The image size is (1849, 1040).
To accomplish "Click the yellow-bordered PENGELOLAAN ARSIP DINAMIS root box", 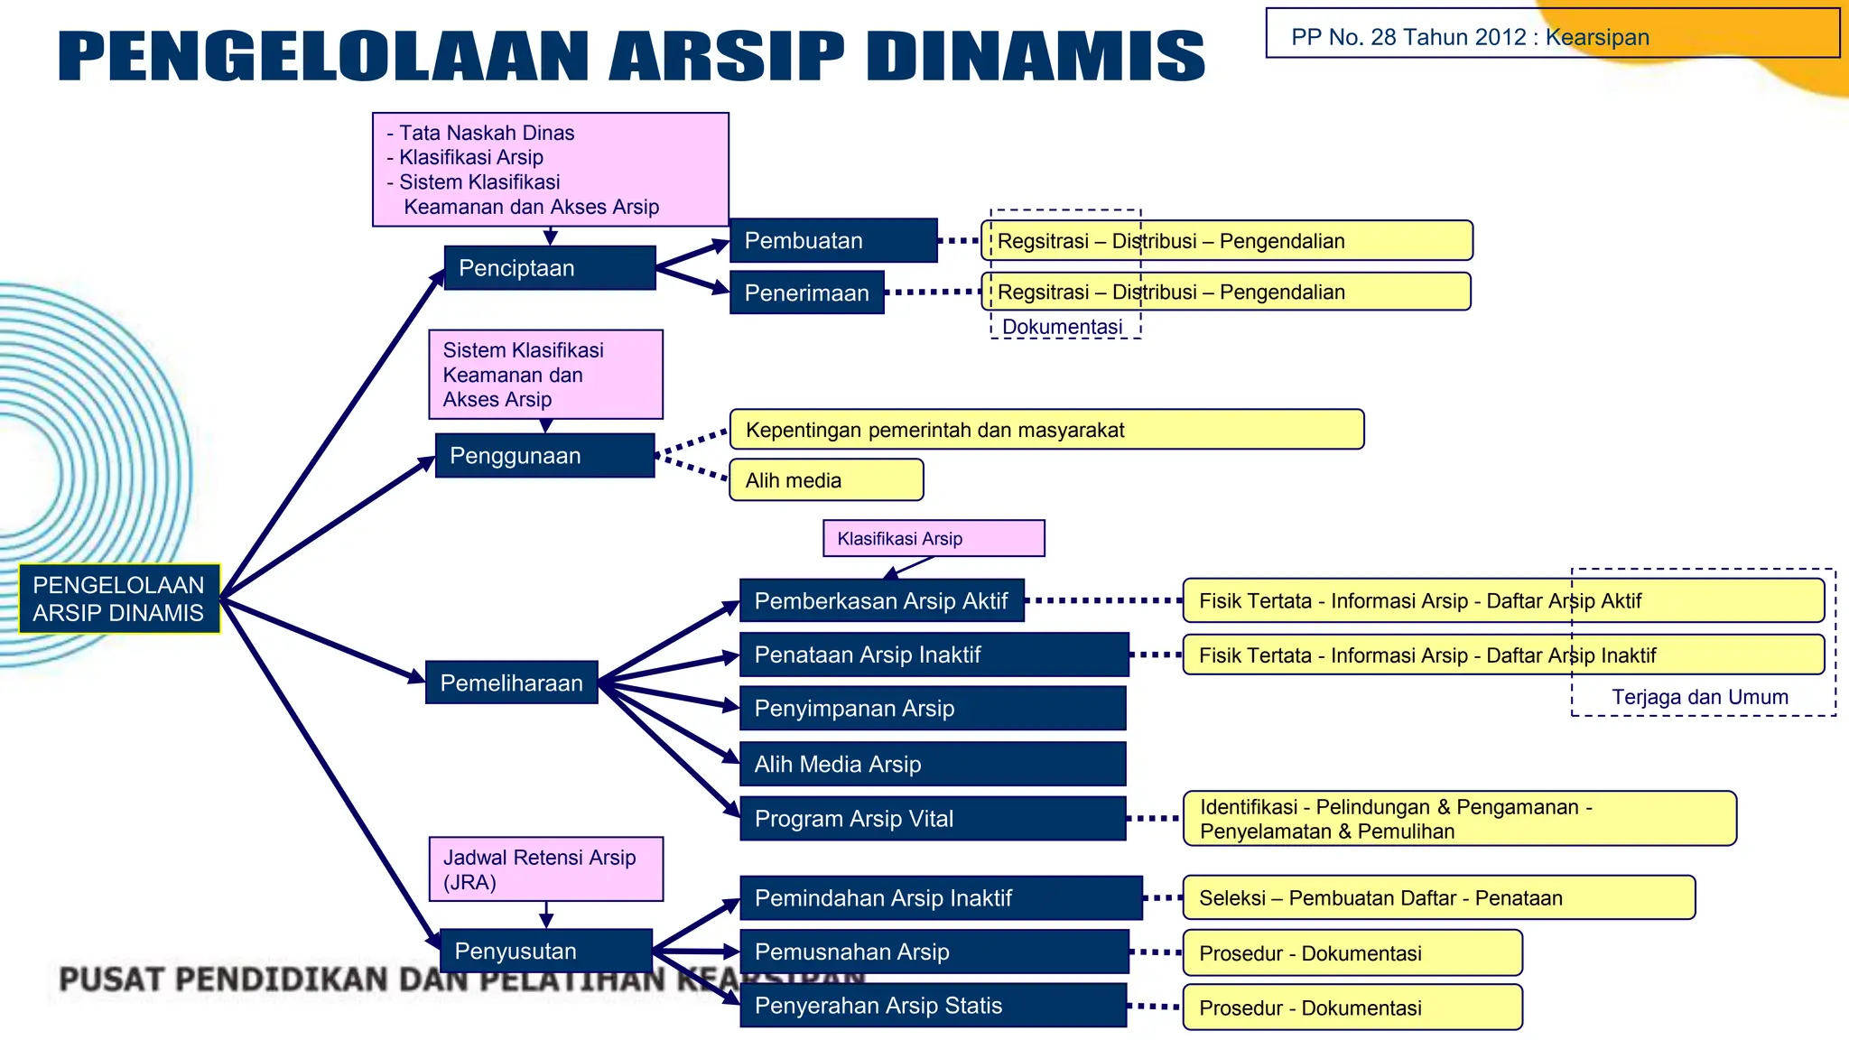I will (119, 599).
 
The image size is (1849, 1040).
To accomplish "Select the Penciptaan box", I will (549, 268).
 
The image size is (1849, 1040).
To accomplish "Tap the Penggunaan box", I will (544, 456).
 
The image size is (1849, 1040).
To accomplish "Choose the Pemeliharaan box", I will (511, 682).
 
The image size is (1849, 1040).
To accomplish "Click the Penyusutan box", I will (545, 951).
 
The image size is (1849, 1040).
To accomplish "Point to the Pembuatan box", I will (832, 241).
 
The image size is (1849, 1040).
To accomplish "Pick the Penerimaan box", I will (806, 292).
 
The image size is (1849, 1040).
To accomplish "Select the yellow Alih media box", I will (825, 480).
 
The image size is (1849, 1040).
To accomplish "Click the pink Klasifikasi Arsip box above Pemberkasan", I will (933, 539).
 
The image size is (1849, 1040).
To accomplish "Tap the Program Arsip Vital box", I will (932, 819).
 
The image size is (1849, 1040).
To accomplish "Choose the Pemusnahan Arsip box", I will (934, 952).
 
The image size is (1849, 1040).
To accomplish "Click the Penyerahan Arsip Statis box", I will (932, 1006).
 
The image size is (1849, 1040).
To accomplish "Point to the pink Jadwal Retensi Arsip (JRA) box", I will (545, 869).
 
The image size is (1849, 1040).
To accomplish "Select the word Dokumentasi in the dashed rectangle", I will (1062, 327).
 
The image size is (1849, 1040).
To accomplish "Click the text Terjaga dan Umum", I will (1699, 697).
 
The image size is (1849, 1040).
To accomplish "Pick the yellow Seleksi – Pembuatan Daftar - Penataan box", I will (1437, 898).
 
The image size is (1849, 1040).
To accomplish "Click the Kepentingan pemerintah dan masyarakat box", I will (1045, 430).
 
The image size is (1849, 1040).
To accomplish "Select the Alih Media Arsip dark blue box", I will (932, 765).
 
